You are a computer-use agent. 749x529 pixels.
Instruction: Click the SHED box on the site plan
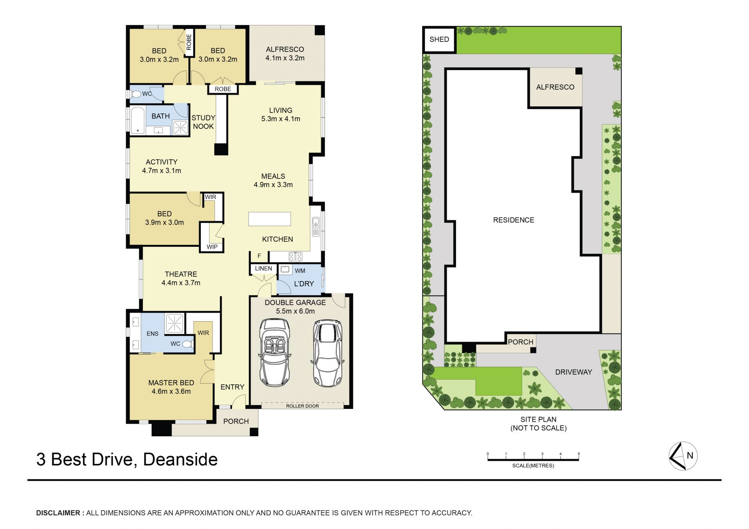point(439,39)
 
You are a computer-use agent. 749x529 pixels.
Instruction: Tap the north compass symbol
point(683,456)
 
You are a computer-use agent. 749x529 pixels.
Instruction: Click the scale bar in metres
point(533,460)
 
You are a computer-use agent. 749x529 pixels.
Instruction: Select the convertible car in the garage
point(275,352)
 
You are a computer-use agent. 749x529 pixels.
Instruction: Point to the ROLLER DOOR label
point(302,406)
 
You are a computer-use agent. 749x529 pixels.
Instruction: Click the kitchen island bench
point(270,219)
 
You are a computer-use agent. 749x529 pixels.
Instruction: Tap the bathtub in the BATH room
point(137,120)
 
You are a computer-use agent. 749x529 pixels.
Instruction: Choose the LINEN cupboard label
point(264,269)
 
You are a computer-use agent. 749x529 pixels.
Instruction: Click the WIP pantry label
point(212,247)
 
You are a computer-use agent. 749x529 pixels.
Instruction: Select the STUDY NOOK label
point(203,122)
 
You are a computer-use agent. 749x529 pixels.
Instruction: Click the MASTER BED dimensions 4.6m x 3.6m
point(171,391)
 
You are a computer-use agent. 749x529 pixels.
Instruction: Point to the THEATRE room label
point(181,274)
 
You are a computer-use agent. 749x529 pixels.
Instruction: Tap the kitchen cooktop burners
point(295,257)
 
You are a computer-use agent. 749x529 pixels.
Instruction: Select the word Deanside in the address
point(180,459)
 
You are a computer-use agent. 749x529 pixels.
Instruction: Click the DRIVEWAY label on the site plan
point(573,372)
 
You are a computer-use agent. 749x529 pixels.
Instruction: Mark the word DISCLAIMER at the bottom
point(59,513)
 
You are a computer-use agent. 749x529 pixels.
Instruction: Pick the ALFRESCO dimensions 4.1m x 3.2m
point(285,58)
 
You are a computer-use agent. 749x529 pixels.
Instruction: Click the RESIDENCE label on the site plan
point(514,220)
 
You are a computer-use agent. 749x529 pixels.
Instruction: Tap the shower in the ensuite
point(174,323)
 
